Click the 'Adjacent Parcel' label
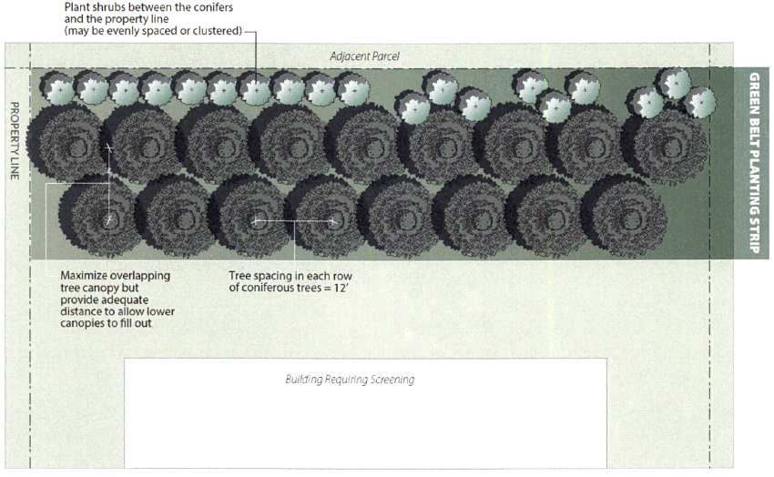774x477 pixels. tap(364, 56)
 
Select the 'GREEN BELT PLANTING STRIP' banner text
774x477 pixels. tap(754, 164)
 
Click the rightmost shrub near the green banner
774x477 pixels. tap(701, 101)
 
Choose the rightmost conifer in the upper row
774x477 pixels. tap(670, 143)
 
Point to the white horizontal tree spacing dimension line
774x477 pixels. tap(295, 220)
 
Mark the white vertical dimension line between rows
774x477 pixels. tap(108, 182)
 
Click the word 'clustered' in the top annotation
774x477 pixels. tap(211, 31)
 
